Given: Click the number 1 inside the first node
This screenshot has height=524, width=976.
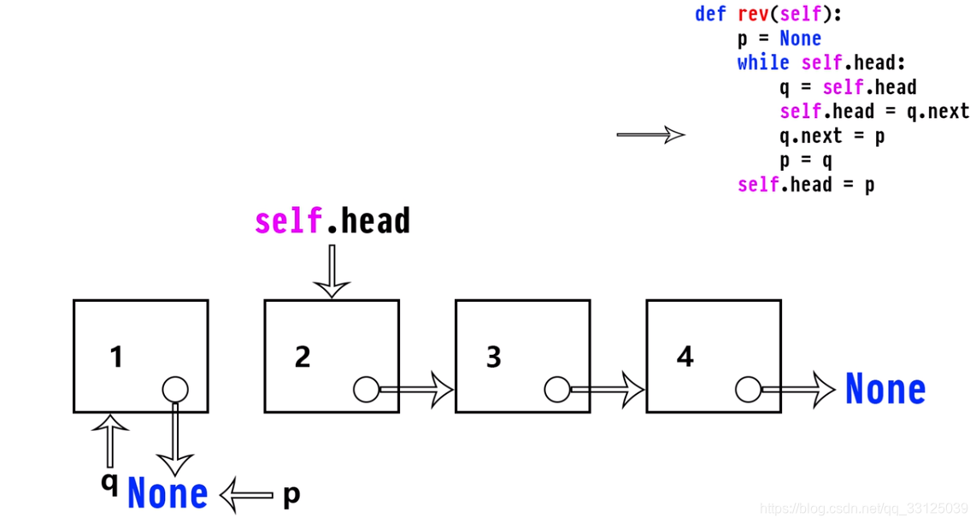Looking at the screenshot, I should point(117,356).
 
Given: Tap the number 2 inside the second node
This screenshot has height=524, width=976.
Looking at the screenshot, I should point(303,356).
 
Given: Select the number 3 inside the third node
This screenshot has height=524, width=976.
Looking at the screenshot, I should point(494,356).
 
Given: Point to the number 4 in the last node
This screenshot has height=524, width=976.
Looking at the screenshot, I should point(685,356).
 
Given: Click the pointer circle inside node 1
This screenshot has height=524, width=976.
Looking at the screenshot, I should point(174,390).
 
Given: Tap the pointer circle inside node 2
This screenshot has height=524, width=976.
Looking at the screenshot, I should point(366,390).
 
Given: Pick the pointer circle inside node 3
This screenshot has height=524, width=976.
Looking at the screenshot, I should point(557,390).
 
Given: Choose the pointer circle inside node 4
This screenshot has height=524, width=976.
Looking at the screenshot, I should point(748,390).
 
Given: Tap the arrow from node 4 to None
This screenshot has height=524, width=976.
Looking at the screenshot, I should point(798,390).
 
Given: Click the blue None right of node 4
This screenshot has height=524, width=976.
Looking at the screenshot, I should point(885,390).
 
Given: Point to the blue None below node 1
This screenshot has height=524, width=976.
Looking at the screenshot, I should point(168,494).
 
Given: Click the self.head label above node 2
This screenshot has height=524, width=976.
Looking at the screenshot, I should point(332,221).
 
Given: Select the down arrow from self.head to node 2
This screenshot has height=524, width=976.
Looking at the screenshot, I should point(331,271).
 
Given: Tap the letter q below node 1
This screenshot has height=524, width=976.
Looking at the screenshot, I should point(109,482).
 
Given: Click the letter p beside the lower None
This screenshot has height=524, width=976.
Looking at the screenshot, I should point(291,494).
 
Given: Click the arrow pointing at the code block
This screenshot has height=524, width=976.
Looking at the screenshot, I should point(650,134).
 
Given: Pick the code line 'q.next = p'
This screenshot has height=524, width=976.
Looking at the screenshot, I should point(832,136).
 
